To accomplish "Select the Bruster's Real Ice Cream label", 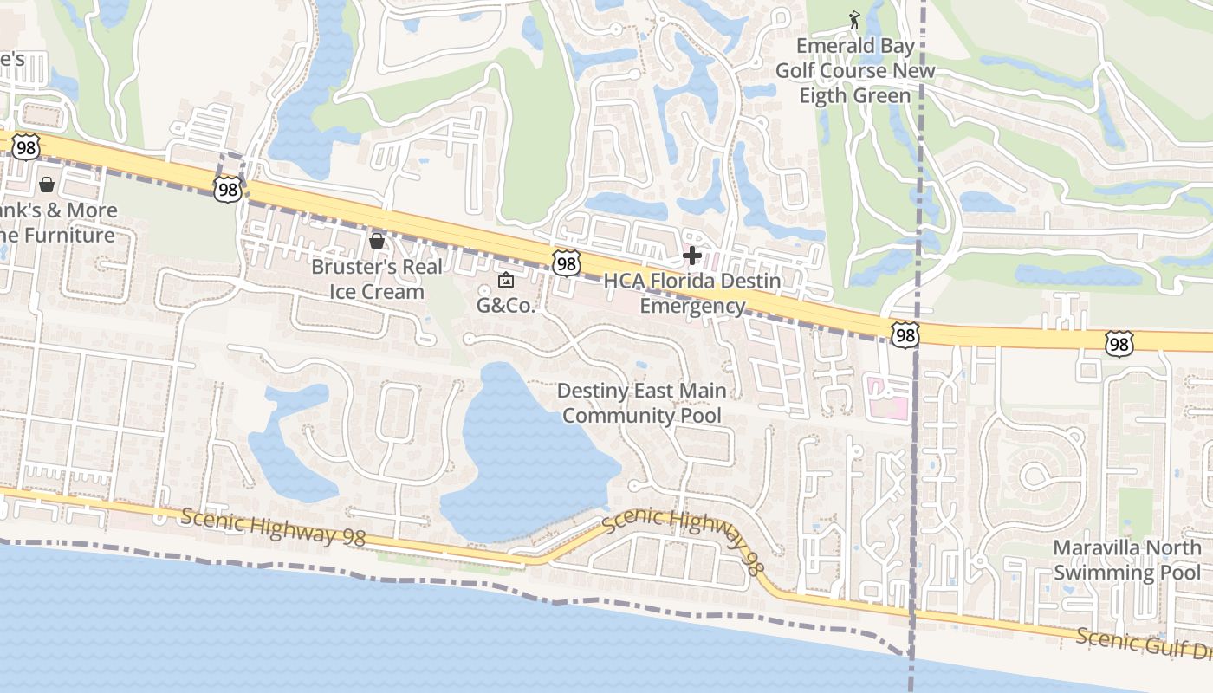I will coord(377,279).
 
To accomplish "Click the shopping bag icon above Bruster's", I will coord(377,240).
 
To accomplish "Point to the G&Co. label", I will coord(507,305).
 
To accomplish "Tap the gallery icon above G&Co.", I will coord(506,280).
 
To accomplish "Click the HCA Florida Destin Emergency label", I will coord(692,294).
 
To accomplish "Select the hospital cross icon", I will coord(692,256).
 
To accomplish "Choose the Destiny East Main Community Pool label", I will coord(642,404).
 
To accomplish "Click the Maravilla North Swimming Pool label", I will coord(1127,560).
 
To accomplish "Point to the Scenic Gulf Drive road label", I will coord(1144,648).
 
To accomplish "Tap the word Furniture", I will coord(69,236).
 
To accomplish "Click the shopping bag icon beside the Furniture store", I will coord(47,185).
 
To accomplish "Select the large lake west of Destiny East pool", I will coord(529,450).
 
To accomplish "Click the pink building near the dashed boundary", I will coord(887,398).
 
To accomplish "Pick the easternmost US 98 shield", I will coord(1119,344).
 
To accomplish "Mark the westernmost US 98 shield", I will coord(26,147).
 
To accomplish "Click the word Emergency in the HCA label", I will coord(692,306).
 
